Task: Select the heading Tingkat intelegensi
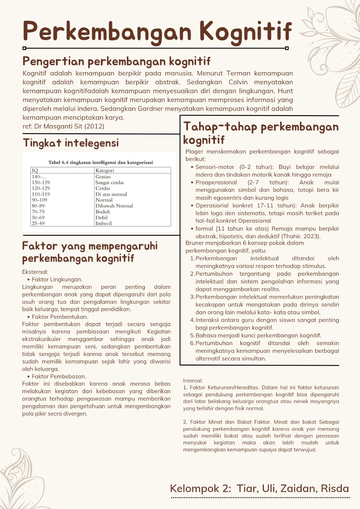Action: pyautogui.click(x=71, y=143)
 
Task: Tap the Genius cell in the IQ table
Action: pyautogui.click(x=103, y=177)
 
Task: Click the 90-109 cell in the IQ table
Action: pyautogui.click(x=39, y=200)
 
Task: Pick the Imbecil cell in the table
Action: pyautogui.click(x=103, y=223)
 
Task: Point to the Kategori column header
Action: pyautogui.click(x=105, y=171)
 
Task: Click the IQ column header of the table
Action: pyautogui.click(x=35, y=171)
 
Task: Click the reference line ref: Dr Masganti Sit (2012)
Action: pyautogui.click(x=63, y=126)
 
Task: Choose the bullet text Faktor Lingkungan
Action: pyautogui.click(x=57, y=279)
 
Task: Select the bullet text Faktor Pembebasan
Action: pyautogui.click(x=59, y=376)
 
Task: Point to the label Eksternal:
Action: pyautogui.click(x=35, y=272)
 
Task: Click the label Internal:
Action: pyautogui.click(x=193, y=380)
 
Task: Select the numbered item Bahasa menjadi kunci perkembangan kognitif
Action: pyautogui.click(x=258, y=335)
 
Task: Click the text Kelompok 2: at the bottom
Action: pyautogui.click(x=201, y=488)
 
